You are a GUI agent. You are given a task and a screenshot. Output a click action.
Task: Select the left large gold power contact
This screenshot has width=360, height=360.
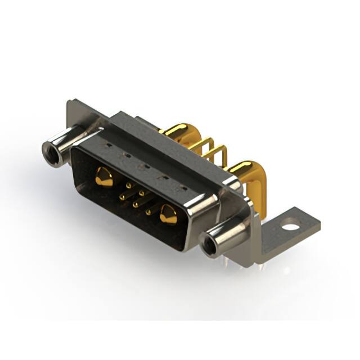(103, 177)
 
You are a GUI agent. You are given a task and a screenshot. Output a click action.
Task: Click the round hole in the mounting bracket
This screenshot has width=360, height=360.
(290, 228)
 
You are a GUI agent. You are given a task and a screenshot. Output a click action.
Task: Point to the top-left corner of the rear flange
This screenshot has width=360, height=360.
(69, 103)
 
